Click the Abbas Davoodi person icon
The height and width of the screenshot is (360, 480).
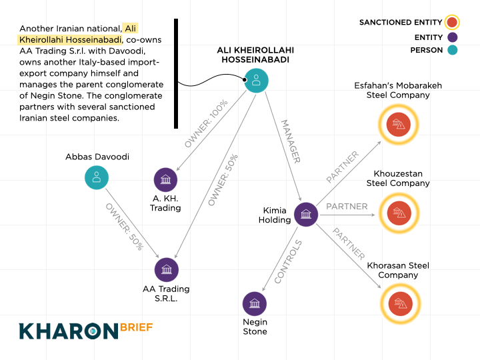pos(97,177)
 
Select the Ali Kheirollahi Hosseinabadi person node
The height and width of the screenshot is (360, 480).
pos(256,80)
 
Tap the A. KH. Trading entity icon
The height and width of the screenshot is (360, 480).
pos(165,179)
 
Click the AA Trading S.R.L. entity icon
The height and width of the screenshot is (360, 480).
pos(166,270)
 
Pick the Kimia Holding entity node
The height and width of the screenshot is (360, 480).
pos(306,214)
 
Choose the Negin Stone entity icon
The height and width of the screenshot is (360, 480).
pos(254,304)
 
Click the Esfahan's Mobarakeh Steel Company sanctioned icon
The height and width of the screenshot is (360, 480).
pos(398,125)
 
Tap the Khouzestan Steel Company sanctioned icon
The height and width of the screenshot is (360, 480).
pos(398,213)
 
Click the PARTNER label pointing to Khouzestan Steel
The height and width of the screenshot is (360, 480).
pos(347,207)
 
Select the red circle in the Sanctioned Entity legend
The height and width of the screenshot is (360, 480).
pos(452,23)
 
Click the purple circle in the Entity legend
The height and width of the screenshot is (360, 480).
pos(452,37)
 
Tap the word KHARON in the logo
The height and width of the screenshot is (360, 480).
pos(68,331)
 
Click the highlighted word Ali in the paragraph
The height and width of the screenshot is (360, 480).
pos(131,29)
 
